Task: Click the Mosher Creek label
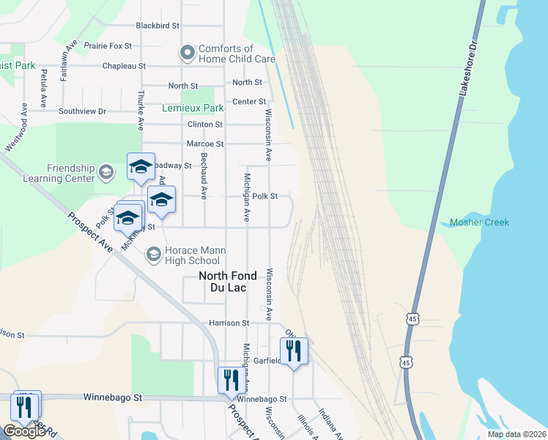[x=479, y=222]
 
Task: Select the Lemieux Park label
[x=192, y=108]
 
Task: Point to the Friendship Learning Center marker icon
[x=106, y=172]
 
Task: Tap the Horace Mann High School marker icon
[x=153, y=254]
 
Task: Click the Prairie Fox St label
[x=108, y=45]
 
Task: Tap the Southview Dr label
[x=83, y=111]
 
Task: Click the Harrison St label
[x=229, y=323]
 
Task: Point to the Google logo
[x=24, y=431]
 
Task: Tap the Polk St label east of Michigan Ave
[x=265, y=197]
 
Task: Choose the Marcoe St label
[x=205, y=144]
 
